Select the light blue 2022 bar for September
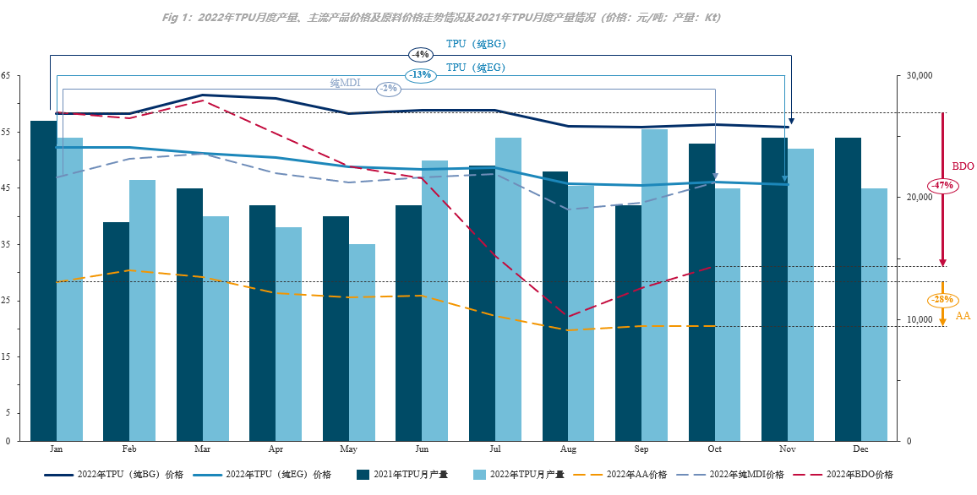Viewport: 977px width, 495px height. (x=654, y=285)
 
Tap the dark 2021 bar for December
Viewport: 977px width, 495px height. (x=848, y=289)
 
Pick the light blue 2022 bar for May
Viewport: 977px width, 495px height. (x=363, y=342)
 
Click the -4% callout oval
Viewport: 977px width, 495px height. (x=420, y=54)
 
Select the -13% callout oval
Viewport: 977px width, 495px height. (x=420, y=74)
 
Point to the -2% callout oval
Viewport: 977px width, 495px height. (x=388, y=88)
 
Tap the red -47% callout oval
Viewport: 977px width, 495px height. (x=942, y=185)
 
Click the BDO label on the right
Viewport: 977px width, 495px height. (x=963, y=166)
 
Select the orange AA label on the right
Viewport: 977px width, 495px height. (x=963, y=316)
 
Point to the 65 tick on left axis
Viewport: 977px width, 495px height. (x=5, y=75)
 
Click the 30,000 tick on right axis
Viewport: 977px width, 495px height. (x=918, y=75)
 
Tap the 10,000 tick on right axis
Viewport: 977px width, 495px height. (x=918, y=319)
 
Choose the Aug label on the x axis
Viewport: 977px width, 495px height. (x=567, y=449)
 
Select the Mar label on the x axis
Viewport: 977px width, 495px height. (x=203, y=449)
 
